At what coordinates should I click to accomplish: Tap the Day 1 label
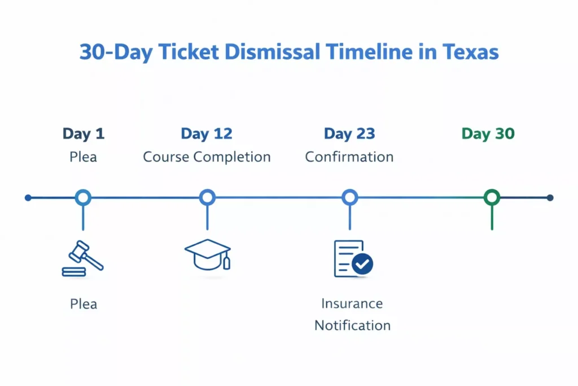84,134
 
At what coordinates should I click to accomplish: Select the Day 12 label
207,134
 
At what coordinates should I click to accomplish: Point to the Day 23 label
349,134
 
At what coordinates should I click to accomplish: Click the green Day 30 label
488,134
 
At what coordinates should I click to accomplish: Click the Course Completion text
207,157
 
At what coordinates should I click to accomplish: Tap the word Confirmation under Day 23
349,157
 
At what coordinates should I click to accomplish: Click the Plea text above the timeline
84,157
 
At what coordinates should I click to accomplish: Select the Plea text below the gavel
84,304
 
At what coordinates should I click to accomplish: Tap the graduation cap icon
208,254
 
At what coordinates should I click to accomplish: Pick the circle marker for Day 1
83,197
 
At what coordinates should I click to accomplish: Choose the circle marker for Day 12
207,197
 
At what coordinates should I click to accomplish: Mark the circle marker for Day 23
350,197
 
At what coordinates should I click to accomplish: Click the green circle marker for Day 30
492,197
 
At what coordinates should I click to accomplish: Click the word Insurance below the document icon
352,303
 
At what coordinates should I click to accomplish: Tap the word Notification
352,326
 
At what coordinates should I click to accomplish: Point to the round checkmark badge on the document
362,263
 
